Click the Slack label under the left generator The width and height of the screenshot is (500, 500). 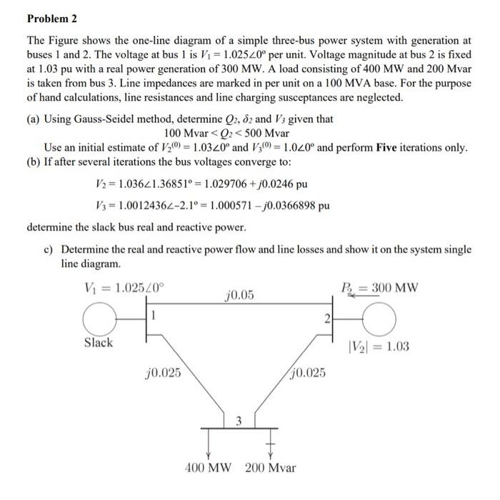[98, 343]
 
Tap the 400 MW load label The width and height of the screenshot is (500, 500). [209, 469]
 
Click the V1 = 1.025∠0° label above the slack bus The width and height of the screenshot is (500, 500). [123, 289]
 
